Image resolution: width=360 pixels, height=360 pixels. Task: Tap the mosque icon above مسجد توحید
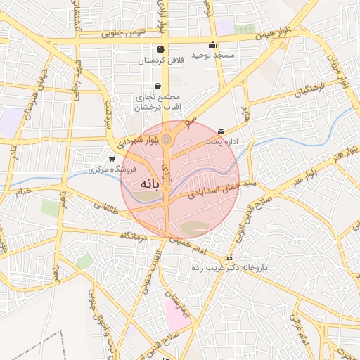(x=212, y=45)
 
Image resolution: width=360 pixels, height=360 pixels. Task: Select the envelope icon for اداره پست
(x=222, y=131)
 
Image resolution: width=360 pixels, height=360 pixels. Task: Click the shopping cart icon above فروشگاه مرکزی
(x=112, y=159)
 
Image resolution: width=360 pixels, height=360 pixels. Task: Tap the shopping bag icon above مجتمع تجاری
(x=157, y=86)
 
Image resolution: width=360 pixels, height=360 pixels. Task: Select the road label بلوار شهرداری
(x=134, y=141)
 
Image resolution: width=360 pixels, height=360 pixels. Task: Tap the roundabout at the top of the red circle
(x=166, y=141)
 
